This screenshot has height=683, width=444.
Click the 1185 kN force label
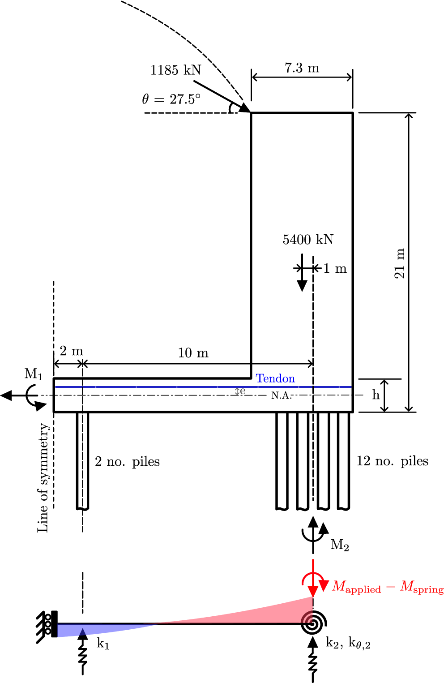click(175, 70)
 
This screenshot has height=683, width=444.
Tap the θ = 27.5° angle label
click(171, 99)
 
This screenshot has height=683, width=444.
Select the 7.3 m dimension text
click(302, 68)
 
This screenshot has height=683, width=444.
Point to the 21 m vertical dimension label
click(399, 263)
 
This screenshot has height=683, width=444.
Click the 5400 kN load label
click(308, 240)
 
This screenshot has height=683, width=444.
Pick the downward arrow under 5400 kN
click(302, 273)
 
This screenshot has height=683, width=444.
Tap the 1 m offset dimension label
click(335, 269)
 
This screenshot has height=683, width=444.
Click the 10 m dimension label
click(193, 353)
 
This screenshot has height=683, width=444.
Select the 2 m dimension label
click(71, 351)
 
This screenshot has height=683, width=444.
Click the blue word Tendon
click(275, 378)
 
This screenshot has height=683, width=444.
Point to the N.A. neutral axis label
click(282, 395)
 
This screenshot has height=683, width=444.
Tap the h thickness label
click(376, 395)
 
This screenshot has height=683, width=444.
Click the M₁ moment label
click(34, 374)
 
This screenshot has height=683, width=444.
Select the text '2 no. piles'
click(127, 461)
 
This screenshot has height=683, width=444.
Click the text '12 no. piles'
click(392, 461)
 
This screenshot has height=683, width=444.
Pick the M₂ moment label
click(339, 545)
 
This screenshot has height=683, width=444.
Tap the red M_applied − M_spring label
click(388, 587)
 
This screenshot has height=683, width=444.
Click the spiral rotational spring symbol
click(313, 623)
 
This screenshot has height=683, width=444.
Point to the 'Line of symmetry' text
click(43, 477)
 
